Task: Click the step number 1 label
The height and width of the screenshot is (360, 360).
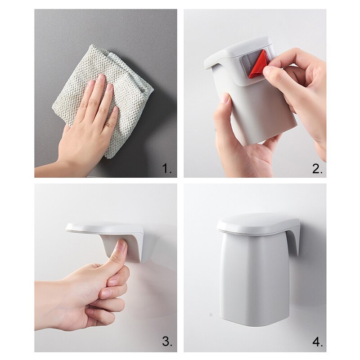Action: click(x=167, y=169)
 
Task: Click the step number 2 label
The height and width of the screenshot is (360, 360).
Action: click(x=317, y=169)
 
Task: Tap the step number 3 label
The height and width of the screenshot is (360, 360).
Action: click(x=167, y=342)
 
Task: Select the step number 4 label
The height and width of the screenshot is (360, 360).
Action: click(x=317, y=342)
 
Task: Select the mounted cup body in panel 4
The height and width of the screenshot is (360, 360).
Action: click(x=254, y=279)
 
